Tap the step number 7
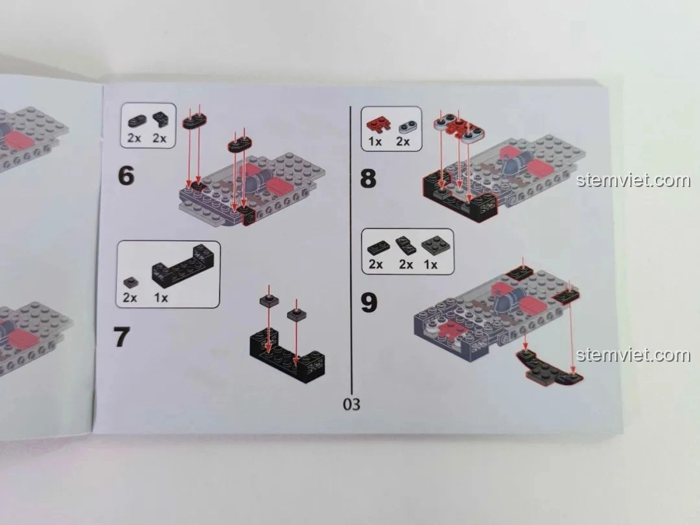(122, 337)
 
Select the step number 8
(367, 177)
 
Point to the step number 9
(369, 302)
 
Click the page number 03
(351, 405)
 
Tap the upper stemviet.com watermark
(633, 180)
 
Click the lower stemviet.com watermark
(633, 355)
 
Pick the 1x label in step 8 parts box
(375, 142)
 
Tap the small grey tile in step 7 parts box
(130, 282)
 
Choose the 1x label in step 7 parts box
(161, 298)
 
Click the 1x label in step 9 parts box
(430, 265)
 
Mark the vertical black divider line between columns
(351, 246)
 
